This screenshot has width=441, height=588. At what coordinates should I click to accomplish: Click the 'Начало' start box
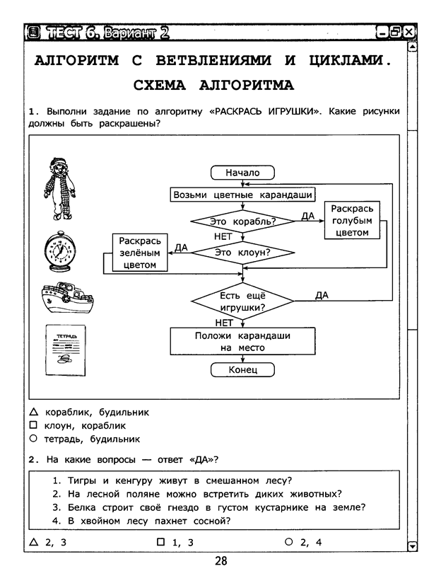(x=242, y=173)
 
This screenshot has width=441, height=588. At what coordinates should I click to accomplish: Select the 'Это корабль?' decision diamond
(x=242, y=221)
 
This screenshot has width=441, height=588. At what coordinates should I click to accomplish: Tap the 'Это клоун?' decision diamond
(x=242, y=253)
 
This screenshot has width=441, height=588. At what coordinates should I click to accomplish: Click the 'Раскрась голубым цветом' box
(x=352, y=220)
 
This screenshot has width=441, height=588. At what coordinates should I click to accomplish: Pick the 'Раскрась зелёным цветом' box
(x=140, y=253)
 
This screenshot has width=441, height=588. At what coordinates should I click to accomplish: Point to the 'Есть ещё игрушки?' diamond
(x=242, y=301)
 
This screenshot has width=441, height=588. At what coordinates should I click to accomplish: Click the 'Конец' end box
(x=242, y=370)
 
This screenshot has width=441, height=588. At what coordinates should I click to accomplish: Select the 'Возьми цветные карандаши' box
(x=242, y=195)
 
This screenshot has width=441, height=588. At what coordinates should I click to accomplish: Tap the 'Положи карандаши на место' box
(x=242, y=341)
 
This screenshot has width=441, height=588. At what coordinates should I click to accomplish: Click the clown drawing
(x=59, y=189)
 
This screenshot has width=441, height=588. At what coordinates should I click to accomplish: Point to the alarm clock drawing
(x=60, y=251)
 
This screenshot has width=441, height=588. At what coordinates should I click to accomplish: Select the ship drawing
(x=67, y=297)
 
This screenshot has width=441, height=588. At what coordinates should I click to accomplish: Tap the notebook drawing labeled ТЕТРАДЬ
(x=66, y=350)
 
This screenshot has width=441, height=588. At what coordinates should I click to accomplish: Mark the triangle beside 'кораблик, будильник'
(x=33, y=412)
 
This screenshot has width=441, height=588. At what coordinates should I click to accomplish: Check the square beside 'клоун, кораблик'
(x=33, y=425)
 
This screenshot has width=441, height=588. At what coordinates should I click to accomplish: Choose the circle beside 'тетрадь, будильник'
(x=33, y=439)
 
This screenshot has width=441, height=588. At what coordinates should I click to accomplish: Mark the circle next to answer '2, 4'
(x=288, y=542)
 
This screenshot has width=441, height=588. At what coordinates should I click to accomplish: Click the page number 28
(x=221, y=561)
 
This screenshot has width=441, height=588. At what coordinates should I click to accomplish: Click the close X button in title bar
(x=409, y=32)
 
